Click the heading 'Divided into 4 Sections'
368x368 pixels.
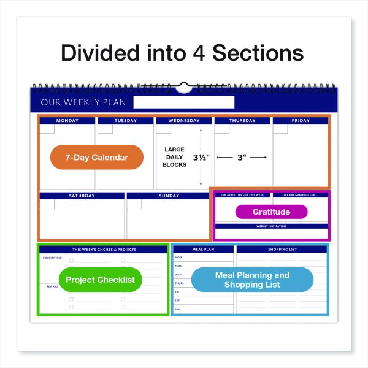point(183,52)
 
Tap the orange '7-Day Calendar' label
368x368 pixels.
point(97,158)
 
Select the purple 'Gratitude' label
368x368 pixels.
point(271,212)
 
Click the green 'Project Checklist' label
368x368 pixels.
point(100,280)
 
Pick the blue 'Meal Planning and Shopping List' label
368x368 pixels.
point(252,280)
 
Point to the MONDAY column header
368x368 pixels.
point(67,121)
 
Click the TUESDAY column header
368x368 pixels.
point(125,121)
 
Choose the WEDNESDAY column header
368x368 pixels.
point(183,121)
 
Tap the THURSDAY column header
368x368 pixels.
point(242,121)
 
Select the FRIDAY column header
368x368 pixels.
point(301,121)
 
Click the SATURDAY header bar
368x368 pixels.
point(82,196)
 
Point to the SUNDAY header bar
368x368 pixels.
point(168,196)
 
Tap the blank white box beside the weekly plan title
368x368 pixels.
point(183,102)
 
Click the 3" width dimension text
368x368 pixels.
point(242,158)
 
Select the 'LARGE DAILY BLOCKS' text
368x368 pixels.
point(175,157)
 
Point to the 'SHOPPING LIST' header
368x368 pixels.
point(282,249)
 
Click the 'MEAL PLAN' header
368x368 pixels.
point(203,249)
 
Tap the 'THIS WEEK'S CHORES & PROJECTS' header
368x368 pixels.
point(104,250)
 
